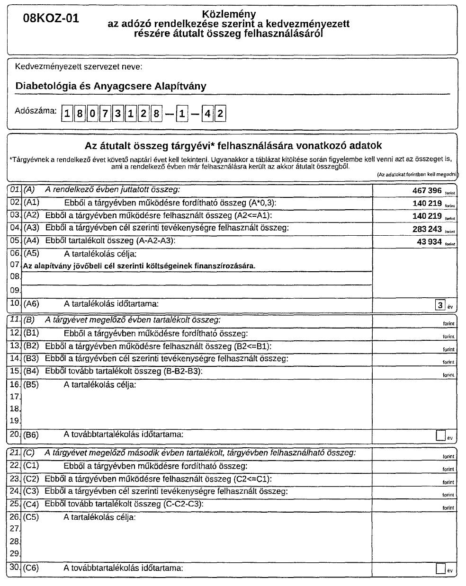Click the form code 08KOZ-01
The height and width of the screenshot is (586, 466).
[51, 19]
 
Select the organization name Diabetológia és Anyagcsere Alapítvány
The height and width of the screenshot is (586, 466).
[111, 86]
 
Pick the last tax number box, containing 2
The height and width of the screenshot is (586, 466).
[220, 114]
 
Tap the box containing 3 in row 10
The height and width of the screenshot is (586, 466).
[440, 305]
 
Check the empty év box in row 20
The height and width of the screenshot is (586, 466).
[440, 435]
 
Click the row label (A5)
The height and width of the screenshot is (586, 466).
[31, 253]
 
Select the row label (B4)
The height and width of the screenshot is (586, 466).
[31, 372]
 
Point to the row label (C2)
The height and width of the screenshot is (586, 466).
[31, 479]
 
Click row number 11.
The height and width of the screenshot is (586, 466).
[15, 320]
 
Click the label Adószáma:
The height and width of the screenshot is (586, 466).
[36, 111]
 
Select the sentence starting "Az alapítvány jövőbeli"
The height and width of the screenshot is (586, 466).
[139, 266]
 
